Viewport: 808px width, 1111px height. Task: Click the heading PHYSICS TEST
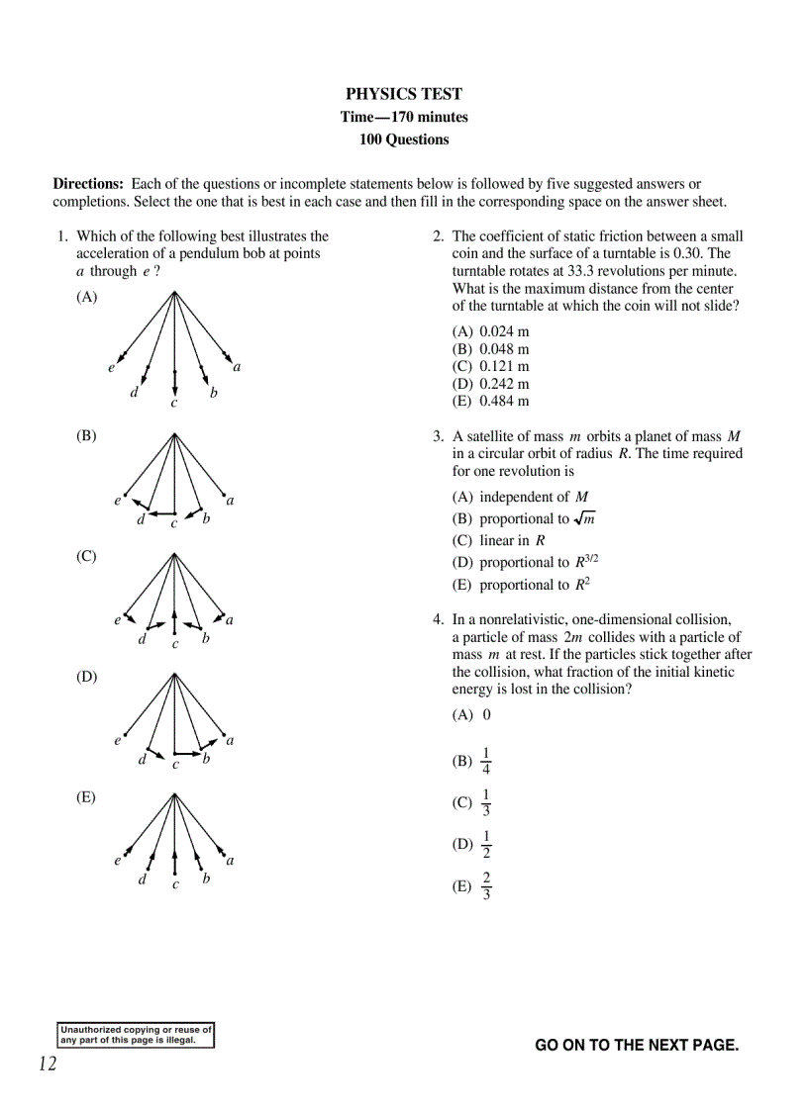point(404,94)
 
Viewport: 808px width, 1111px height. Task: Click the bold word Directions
point(88,184)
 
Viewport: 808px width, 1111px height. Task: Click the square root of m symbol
point(584,518)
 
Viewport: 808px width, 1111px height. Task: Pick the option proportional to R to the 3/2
point(526,562)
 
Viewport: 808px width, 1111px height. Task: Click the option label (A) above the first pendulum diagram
point(87,297)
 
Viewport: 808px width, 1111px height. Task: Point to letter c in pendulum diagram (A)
point(174,403)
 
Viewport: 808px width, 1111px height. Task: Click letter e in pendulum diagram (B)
point(117,501)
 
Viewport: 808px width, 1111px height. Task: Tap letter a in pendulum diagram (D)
point(230,740)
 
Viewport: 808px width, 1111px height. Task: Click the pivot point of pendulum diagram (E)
point(174,793)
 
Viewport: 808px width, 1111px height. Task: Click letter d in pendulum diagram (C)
point(143,639)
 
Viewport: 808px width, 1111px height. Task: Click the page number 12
point(48,1065)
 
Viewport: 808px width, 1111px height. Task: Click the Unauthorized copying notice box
point(136,1035)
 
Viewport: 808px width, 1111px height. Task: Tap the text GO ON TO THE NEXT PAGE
point(637,1045)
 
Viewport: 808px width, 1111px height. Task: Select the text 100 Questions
point(404,139)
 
